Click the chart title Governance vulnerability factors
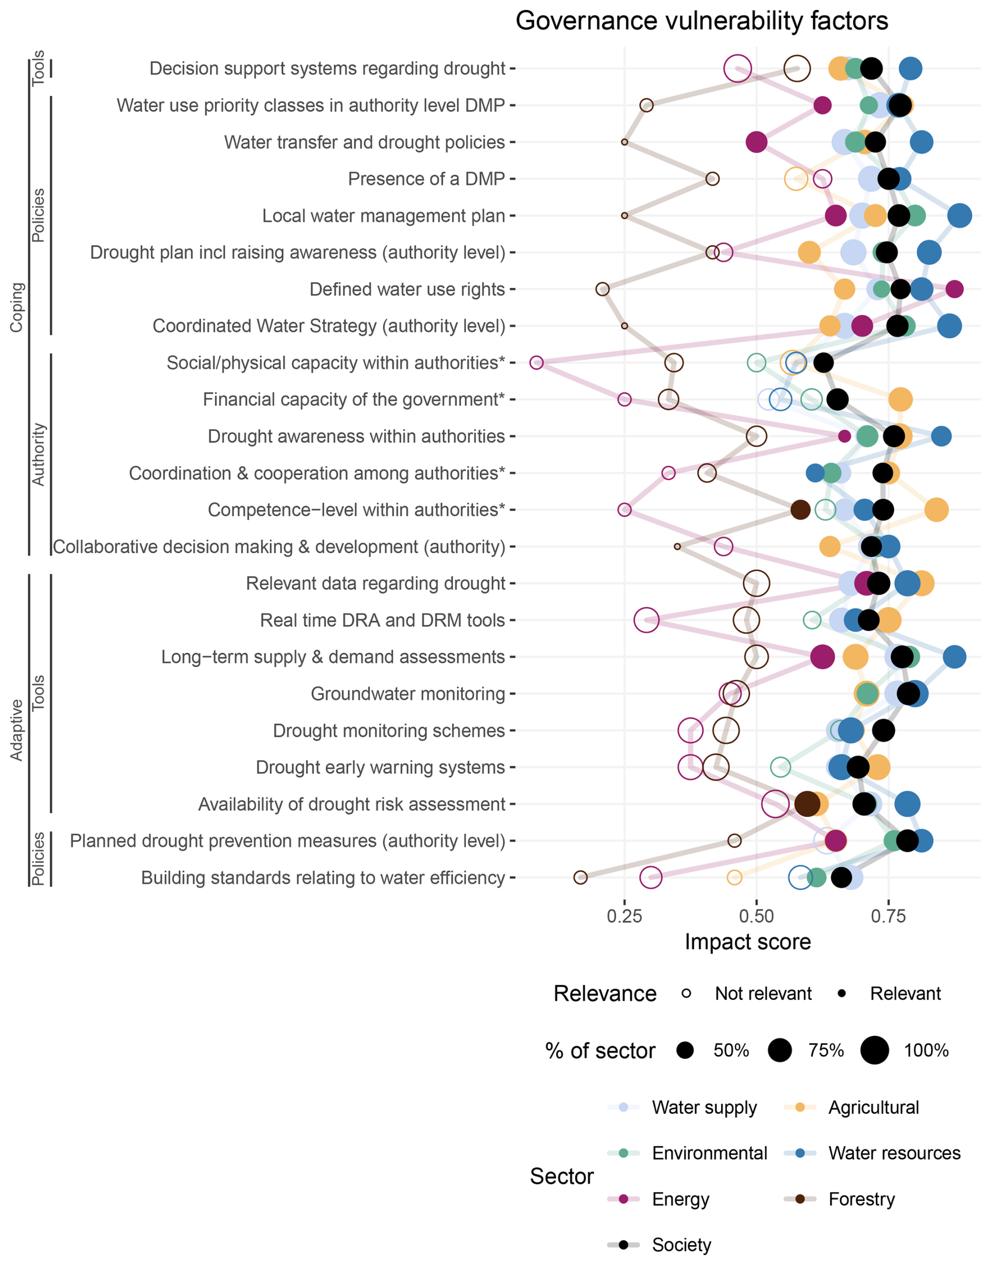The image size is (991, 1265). tap(701, 21)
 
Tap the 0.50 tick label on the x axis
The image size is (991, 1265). tap(756, 916)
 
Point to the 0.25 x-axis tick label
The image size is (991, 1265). tap(624, 916)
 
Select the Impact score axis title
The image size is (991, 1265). tap(747, 942)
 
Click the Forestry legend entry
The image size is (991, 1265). tap(861, 1199)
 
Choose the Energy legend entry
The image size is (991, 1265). tap(680, 1199)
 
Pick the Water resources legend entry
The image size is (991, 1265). tap(894, 1153)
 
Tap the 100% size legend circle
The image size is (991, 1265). tap(874, 1050)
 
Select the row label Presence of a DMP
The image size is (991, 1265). tap(426, 179)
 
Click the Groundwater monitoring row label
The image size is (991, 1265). tap(408, 694)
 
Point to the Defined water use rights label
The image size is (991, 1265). tap(407, 289)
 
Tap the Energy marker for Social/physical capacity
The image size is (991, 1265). tap(537, 363)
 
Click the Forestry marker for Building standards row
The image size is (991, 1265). tap(580, 878)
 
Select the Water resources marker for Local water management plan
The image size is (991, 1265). tap(960, 216)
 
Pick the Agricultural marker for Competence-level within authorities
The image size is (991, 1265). tap(937, 510)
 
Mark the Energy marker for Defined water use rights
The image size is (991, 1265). tap(954, 289)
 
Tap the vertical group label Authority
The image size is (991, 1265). tap(38, 454)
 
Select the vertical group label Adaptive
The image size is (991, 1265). tap(16, 730)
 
